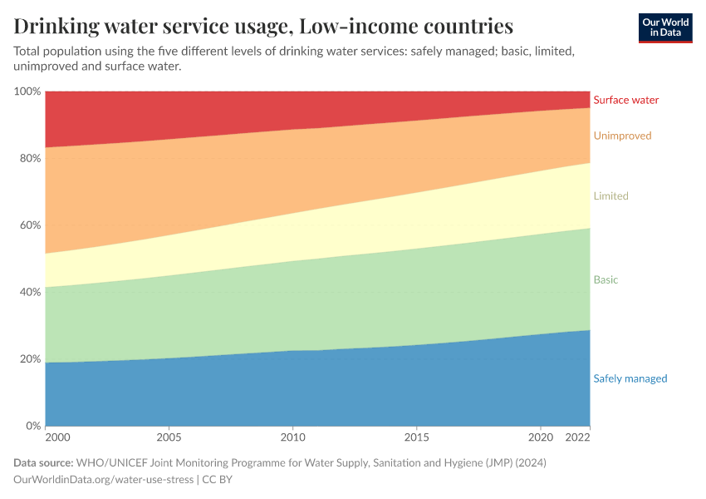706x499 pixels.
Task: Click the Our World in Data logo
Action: [664, 27]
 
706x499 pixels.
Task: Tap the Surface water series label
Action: [625, 100]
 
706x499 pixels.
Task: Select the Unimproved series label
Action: [622, 136]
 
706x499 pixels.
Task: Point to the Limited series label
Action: [610, 196]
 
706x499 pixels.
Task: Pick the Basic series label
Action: [605, 279]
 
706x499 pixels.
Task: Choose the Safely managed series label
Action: [630, 378]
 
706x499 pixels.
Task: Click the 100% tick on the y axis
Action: [27, 91]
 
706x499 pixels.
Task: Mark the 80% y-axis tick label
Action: [29, 158]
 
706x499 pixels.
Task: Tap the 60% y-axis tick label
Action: [29, 225]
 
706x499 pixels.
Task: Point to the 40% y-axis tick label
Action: [29, 292]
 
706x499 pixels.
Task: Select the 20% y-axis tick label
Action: [29, 359]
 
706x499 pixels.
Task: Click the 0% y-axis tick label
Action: [32, 426]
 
